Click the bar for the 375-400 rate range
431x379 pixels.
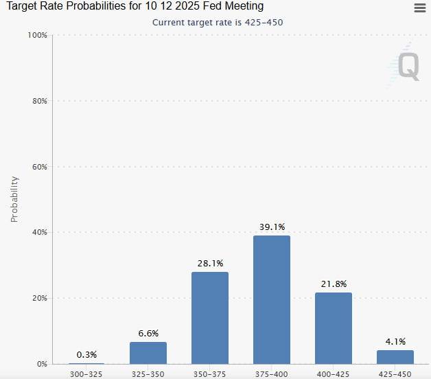point(272,299)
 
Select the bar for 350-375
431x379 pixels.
point(210,318)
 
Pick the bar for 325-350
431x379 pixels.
point(148,353)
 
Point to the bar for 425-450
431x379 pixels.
point(395,357)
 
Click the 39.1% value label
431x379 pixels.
point(272,227)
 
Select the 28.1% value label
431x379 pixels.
point(210,263)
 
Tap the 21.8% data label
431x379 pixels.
point(334,284)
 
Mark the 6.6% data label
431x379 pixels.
point(148,334)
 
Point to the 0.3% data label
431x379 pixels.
point(86,354)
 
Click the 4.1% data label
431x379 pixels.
point(395,341)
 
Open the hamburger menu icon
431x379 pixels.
point(420,8)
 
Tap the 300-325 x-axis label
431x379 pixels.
point(86,373)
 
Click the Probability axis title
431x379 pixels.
point(14,199)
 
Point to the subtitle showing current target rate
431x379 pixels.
point(217,22)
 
